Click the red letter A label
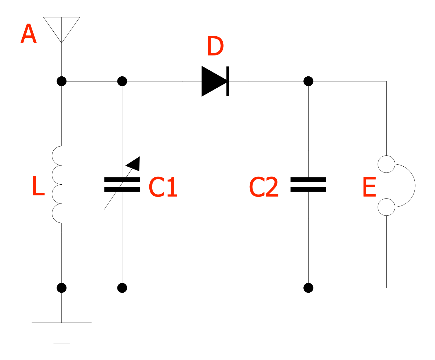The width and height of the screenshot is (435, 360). click(x=28, y=34)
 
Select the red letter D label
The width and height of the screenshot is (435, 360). click(x=215, y=46)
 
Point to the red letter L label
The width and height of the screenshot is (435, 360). click(x=38, y=186)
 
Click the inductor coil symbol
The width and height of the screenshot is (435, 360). click(x=57, y=185)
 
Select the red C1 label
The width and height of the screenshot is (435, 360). click(x=163, y=188)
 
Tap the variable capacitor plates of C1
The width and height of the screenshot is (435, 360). click(x=122, y=185)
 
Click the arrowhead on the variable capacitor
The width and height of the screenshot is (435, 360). click(x=134, y=164)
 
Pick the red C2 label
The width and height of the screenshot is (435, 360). click(x=264, y=188)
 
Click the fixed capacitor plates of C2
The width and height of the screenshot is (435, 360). click(x=308, y=185)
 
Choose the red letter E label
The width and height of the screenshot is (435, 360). click(x=369, y=188)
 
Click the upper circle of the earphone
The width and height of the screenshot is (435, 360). click(x=386, y=164)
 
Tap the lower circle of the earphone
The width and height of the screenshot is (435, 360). click(x=386, y=207)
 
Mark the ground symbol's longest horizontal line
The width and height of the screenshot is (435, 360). click(x=61, y=323)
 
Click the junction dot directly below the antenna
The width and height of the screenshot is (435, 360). click(x=61, y=81)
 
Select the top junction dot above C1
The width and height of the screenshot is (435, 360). click(x=122, y=81)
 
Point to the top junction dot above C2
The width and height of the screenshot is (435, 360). click(x=308, y=81)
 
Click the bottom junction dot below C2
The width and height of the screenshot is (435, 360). click(x=308, y=288)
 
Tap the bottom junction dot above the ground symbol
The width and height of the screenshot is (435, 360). click(x=61, y=288)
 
